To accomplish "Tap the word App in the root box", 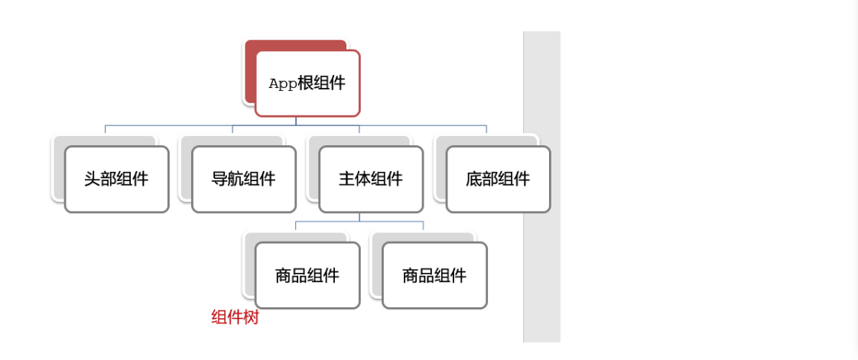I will point(283,84).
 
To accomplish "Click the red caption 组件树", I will point(235,318).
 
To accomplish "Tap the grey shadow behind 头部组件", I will point(58,168).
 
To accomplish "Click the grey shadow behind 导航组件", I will point(185,168).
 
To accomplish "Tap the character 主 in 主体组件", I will point(346,180).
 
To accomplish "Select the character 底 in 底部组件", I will point(473,180).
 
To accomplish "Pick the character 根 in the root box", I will point(306,84).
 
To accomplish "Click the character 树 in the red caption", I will point(252,318).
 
